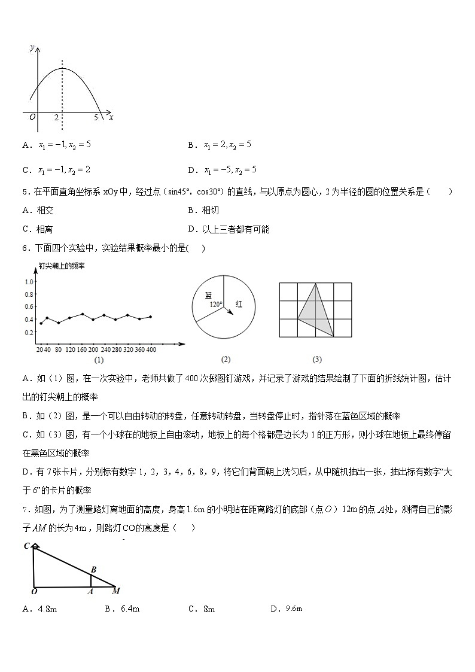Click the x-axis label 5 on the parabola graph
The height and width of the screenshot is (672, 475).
pyautogui.click(x=96, y=118)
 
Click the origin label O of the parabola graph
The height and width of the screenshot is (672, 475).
pyautogui.click(x=32, y=117)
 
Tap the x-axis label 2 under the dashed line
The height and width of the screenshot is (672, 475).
pyautogui.click(x=56, y=118)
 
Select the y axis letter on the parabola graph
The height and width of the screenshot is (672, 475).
pyautogui.click(x=31, y=47)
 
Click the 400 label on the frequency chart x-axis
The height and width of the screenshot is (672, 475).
pyautogui.click(x=151, y=349)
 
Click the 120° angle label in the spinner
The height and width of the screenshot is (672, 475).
pyautogui.click(x=216, y=305)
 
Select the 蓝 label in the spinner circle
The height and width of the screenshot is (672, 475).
pyautogui.click(x=208, y=295)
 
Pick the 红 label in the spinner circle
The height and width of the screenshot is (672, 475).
pyautogui.click(x=238, y=304)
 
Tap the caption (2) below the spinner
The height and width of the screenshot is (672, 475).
pyautogui.click(x=226, y=360)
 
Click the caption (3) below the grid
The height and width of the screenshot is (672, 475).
pyautogui.click(x=317, y=360)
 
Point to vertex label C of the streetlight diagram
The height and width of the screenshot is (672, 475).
pyautogui.click(x=27, y=545)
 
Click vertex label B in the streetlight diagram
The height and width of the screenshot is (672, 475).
pyautogui.click(x=93, y=569)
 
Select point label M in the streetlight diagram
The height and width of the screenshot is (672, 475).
pyautogui.click(x=116, y=591)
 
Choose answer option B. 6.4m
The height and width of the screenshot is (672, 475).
pyautogui.click(x=122, y=609)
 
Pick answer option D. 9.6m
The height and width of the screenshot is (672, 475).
pyautogui.click(x=287, y=609)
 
